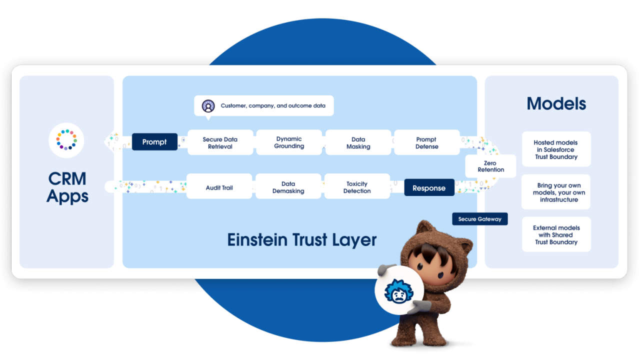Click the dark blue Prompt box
pyautogui.click(x=154, y=142)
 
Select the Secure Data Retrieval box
pyautogui.click(x=220, y=143)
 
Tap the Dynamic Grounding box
pyautogui.click(x=289, y=142)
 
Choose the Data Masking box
pyautogui.click(x=358, y=143)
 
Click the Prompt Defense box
pyautogui.click(x=426, y=143)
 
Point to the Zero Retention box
pyautogui.click(x=490, y=166)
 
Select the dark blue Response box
pyautogui.click(x=428, y=188)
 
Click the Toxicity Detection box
pyautogui.click(x=357, y=187)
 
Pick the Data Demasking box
pyautogui.click(x=288, y=187)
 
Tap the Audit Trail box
pyautogui.click(x=219, y=187)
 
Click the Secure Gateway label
pyautogui.click(x=479, y=219)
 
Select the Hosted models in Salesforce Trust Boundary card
pyautogui.click(x=556, y=149)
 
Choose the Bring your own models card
pyautogui.click(x=556, y=192)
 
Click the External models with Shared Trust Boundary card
pyautogui.click(x=556, y=235)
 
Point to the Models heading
pyautogui.click(x=556, y=103)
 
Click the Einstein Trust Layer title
pyautogui.click(x=301, y=240)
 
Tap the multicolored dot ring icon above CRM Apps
pyautogui.click(x=66, y=140)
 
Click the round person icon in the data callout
pyautogui.click(x=208, y=106)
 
